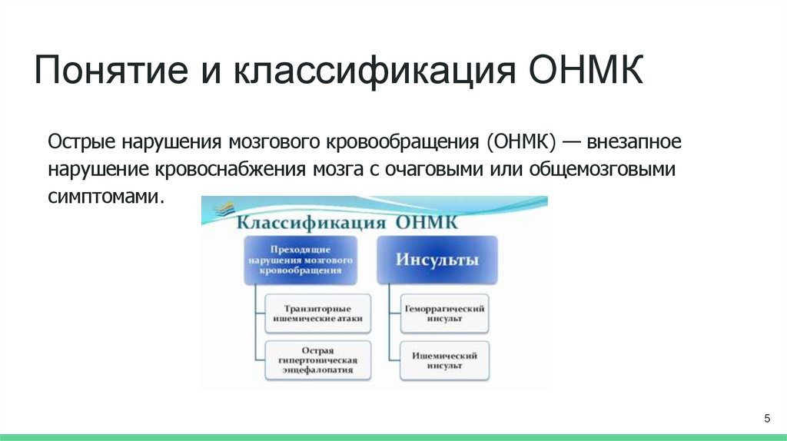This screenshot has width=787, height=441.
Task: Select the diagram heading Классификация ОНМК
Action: click(346, 223)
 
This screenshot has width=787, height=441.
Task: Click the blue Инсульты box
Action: click(437, 260)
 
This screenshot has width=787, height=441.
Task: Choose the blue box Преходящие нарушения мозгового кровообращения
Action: click(301, 260)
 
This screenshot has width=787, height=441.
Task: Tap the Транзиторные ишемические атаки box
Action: click(317, 312)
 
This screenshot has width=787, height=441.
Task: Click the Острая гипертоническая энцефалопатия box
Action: click(317, 359)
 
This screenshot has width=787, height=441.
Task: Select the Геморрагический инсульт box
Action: click(445, 312)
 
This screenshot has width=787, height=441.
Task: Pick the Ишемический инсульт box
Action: click(445, 360)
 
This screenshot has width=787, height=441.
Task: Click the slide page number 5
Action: click(766, 418)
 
